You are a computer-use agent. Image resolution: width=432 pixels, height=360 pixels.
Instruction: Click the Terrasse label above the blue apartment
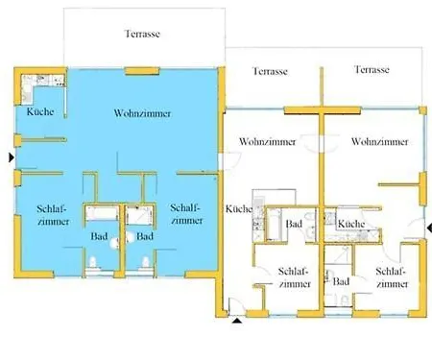pos(142,34)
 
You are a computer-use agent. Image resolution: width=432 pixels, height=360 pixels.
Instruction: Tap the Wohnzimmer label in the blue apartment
pos(142,113)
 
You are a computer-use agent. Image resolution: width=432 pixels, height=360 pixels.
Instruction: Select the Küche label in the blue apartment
pos(40,111)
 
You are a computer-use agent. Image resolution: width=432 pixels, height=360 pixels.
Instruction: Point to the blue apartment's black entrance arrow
pos(12,157)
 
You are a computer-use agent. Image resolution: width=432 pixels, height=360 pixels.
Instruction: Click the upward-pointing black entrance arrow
pos(237,321)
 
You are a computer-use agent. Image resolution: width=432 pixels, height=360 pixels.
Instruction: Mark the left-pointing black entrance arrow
pos(429,228)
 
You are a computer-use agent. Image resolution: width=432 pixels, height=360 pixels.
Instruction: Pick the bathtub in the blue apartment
pos(102,213)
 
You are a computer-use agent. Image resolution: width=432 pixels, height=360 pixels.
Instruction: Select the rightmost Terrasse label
pos(372,69)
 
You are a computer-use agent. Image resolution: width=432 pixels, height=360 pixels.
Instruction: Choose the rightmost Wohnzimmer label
pos(380,141)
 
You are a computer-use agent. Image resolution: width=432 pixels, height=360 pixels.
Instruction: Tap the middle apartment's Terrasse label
pos(270,71)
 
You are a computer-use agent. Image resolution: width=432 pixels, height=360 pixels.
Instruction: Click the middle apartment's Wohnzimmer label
pos(268,141)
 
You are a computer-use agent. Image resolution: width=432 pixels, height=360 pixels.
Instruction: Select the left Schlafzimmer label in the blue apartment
pos(53,215)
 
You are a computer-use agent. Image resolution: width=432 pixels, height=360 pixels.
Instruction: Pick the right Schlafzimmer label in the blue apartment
pos(186,214)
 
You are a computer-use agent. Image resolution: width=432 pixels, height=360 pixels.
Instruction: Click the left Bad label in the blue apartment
pos(99,236)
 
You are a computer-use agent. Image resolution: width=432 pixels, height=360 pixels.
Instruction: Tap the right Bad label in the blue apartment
pos(145,236)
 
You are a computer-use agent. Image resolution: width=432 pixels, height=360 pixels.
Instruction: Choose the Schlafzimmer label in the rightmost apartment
pos(392,277)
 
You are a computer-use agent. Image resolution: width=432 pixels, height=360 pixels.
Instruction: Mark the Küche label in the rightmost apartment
pos(351,224)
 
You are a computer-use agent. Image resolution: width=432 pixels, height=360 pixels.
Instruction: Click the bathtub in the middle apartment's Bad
pos(275,225)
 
